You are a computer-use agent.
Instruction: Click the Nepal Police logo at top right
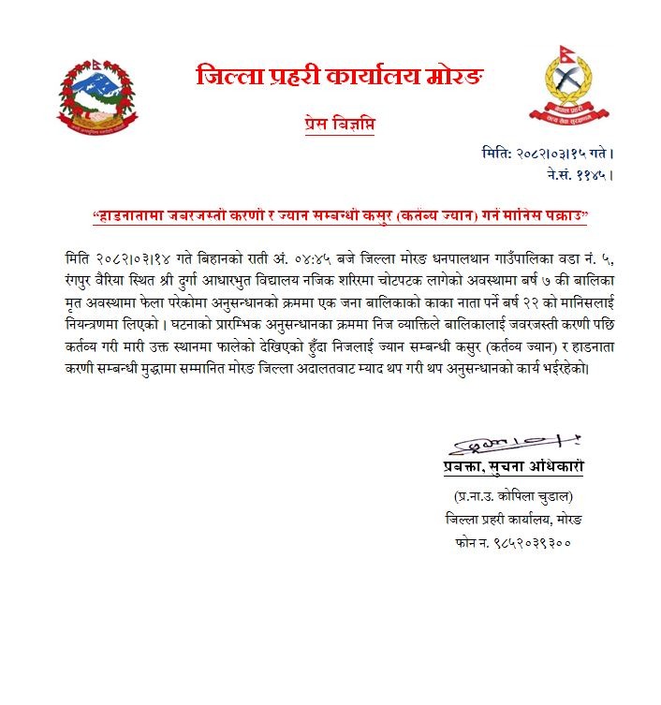(x=572, y=87)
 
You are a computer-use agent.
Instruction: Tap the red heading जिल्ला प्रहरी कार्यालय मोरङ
(x=340, y=76)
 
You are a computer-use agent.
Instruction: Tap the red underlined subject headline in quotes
(x=340, y=217)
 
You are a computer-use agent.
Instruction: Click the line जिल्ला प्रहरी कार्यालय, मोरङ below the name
(x=520, y=519)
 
